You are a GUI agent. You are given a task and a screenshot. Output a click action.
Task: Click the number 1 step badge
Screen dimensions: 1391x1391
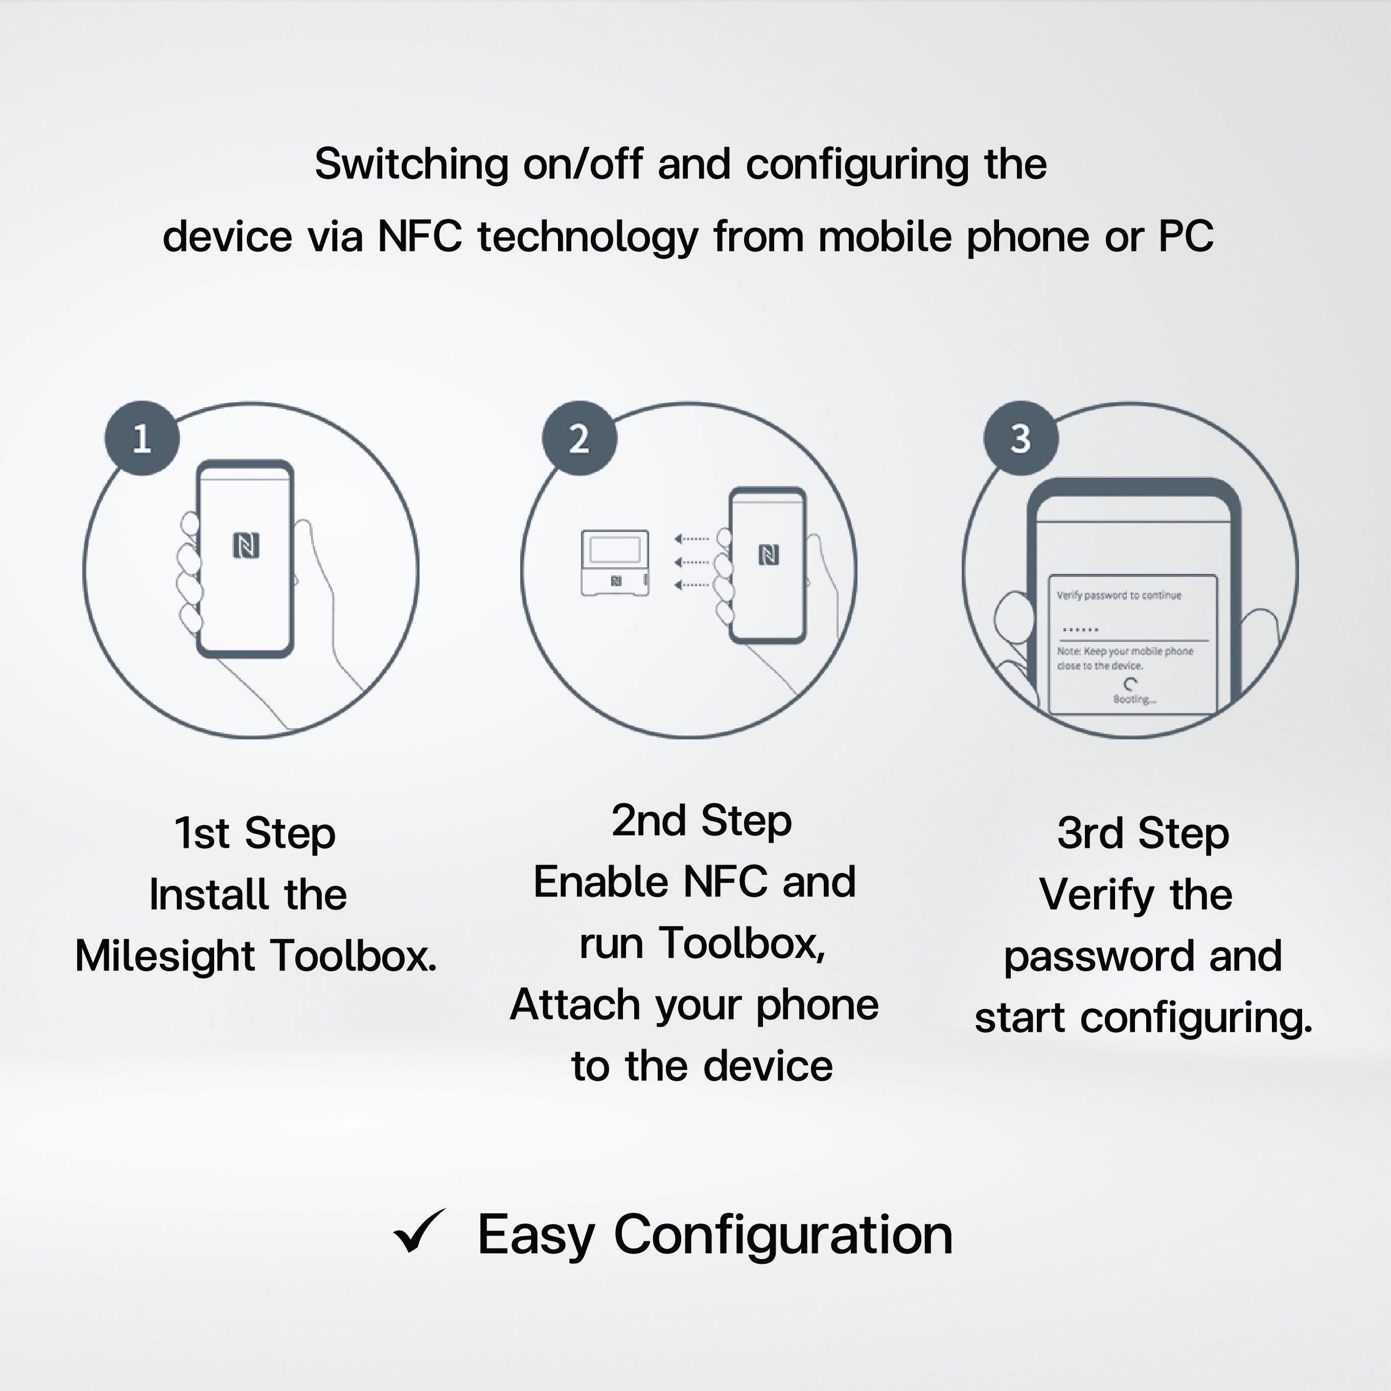click(142, 438)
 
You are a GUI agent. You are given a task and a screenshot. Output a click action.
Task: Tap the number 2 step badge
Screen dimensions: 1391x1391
click(579, 438)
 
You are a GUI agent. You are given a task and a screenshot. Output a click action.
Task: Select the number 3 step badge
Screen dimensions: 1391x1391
click(1021, 438)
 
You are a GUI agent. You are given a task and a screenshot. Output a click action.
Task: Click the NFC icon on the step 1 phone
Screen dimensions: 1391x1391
click(246, 546)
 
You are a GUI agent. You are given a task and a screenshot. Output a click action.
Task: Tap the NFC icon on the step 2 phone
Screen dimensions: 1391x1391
click(769, 555)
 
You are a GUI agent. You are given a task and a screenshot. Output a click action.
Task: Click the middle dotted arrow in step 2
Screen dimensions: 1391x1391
click(692, 562)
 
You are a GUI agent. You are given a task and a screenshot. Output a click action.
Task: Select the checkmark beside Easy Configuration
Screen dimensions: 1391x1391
click(419, 1232)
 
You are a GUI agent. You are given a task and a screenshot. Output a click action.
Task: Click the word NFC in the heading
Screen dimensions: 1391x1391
click(420, 236)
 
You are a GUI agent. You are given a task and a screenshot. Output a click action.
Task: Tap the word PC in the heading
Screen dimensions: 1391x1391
click(1186, 236)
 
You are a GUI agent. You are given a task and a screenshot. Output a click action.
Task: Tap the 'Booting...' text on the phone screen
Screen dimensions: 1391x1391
click(1134, 699)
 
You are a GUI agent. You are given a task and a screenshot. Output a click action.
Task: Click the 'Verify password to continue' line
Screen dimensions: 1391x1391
click(1119, 595)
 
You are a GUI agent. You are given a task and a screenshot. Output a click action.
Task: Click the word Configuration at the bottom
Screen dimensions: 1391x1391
click(783, 1234)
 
